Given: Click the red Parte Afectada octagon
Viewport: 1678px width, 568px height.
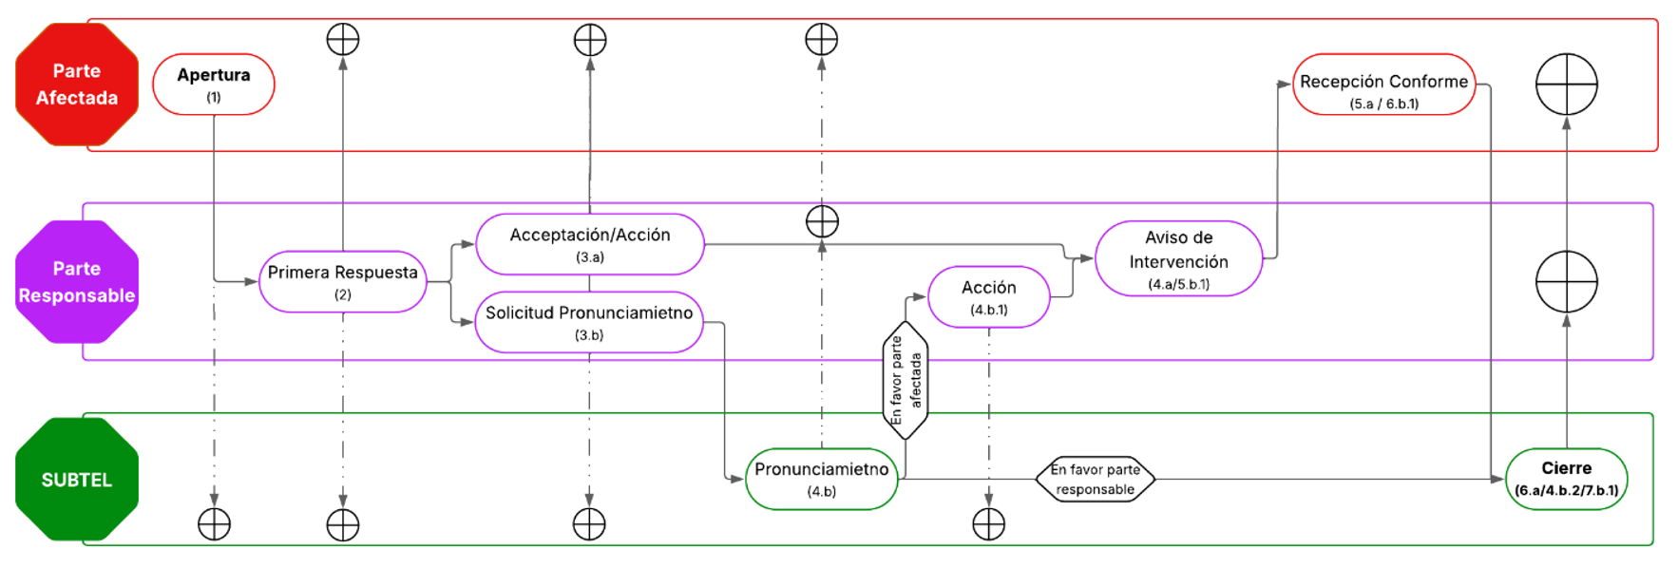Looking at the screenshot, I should click(77, 85).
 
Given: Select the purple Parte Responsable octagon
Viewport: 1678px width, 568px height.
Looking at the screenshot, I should click(77, 282).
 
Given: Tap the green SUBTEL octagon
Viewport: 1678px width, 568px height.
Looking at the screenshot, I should click(77, 480).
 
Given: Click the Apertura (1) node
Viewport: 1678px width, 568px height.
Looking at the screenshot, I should click(214, 85).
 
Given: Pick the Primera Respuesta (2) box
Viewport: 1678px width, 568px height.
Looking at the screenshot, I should click(342, 281).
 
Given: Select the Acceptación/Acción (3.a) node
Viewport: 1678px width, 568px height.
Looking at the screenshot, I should click(590, 244).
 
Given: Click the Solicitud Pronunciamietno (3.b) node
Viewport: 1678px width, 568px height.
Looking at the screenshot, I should click(589, 322).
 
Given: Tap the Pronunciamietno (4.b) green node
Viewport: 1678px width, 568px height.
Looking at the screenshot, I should click(822, 479).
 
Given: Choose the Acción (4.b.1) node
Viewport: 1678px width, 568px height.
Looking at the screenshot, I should click(989, 297).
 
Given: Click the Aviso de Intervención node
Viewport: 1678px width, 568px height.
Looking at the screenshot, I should click(1179, 258).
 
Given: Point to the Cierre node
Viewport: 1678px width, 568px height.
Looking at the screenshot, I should click(1567, 479).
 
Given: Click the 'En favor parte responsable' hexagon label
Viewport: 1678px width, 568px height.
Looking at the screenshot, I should click(1096, 479).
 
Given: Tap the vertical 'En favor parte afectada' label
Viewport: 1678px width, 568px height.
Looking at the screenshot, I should click(906, 380).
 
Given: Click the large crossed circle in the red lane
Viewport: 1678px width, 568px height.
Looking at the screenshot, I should click(1567, 85).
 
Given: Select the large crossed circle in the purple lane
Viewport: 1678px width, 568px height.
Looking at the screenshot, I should click(1567, 282).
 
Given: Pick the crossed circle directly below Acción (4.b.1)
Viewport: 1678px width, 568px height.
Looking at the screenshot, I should click(989, 523).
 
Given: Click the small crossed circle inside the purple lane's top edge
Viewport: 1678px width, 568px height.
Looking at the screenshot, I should click(822, 221).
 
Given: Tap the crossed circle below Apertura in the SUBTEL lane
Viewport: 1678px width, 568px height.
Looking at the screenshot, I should click(214, 523).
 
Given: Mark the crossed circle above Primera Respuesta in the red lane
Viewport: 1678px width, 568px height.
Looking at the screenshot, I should click(343, 40).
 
